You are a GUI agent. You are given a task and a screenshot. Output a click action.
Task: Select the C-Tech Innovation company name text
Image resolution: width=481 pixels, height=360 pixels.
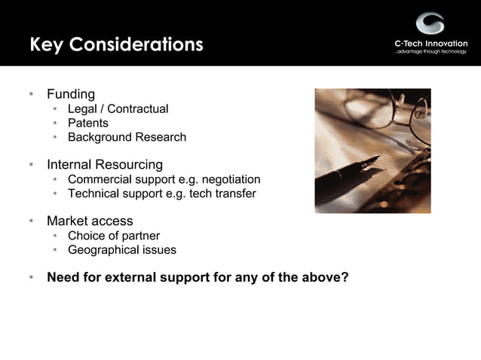tap(430, 43)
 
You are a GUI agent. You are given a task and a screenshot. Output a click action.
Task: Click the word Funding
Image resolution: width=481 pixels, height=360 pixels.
tap(71, 94)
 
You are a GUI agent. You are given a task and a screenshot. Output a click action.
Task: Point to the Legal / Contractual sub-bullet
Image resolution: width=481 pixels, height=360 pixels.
tap(118, 109)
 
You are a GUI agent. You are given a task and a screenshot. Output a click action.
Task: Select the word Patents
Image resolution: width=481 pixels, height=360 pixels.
tap(88, 123)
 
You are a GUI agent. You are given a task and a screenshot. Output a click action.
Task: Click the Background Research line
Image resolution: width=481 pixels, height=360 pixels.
tap(127, 137)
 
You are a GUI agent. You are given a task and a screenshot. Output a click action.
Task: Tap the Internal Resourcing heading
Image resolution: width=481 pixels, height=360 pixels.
tap(105, 164)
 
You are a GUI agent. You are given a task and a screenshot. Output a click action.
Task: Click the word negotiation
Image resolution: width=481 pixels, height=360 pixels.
tap(228, 179)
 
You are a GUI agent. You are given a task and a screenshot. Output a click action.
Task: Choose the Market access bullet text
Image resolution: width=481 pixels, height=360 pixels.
tap(90, 221)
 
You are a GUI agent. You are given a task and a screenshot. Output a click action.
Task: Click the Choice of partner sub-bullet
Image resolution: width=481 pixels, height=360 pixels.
tap(114, 236)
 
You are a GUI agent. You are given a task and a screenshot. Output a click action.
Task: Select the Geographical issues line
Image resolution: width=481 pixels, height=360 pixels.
tap(122, 250)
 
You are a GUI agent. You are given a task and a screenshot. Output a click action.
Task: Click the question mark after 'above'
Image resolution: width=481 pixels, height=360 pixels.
tap(345, 277)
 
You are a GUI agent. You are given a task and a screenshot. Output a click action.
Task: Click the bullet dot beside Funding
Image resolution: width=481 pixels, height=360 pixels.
tap(31, 95)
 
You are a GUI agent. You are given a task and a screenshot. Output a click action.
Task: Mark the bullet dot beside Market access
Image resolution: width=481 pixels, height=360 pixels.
tap(31, 221)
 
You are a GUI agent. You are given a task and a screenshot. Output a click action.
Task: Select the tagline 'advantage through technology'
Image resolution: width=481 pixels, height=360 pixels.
tap(430, 53)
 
